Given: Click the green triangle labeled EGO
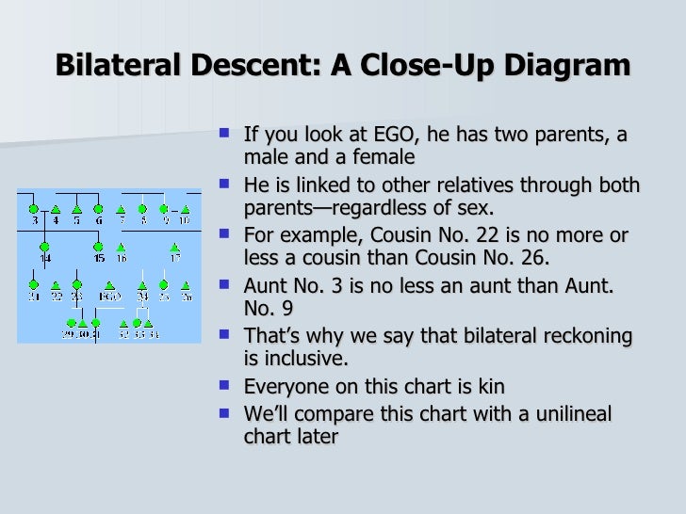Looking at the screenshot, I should tap(109, 284).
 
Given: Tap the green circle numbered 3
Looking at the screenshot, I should tap(33, 209).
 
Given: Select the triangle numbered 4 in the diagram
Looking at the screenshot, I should tap(55, 209).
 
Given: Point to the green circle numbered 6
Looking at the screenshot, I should tap(98, 209).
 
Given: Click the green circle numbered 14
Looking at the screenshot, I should tap(44, 247).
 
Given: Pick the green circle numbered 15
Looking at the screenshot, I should tap(99, 247).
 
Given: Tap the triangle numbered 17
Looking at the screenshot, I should tap(174, 247).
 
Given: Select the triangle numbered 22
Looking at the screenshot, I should tap(56, 284).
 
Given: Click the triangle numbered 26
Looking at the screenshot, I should tap(186, 284).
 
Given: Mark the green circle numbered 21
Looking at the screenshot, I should tap(33, 284).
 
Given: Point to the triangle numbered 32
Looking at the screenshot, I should tap(123, 323).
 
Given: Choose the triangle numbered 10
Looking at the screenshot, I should tap(185, 209).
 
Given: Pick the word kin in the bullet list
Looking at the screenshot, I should tap(491, 386).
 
